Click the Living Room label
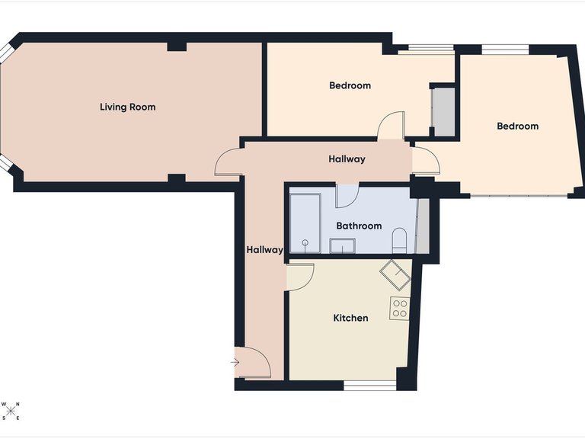pyautogui.click(x=127, y=107)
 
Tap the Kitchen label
pyautogui.click(x=350, y=318)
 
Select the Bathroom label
pyautogui.click(x=359, y=226)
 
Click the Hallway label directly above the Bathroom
pyautogui.click(x=347, y=159)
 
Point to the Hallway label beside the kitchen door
pyautogui.click(x=264, y=249)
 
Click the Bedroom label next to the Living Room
pyautogui.click(x=350, y=85)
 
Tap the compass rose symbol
pyautogui.click(x=11, y=412)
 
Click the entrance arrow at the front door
pyautogui.click(x=235, y=361)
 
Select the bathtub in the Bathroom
pyautogui.click(x=306, y=223)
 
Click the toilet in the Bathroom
pyautogui.click(x=399, y=240)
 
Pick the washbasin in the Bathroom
pyautogui.click(x=342, y=245)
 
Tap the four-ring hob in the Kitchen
pyautogui.click(x=400, y=308)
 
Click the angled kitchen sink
pyautogui.click(x=395, y=272)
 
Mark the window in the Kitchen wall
pyautogui.click(x=370, y=386)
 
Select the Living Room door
pyautogui.click(x=228, y=163)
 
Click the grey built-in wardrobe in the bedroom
pyautogui.click(x=443, y=111)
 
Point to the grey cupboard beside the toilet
pyautogui.click(x=422, y=226)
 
